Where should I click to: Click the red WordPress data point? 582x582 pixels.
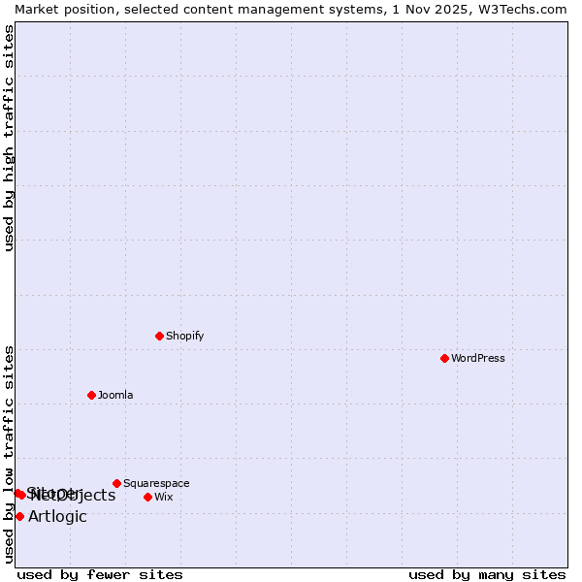(x=444, y=358)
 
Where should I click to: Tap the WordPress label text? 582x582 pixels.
(x=478, y=358)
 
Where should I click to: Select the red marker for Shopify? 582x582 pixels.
(x=159, y=336)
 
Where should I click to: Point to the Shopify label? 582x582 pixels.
(x=184, y=336)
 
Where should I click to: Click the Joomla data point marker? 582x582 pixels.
(x=91, y=395)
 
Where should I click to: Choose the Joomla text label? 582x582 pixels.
(x=115, y=395)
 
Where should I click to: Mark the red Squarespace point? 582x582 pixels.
(x=116, y=483)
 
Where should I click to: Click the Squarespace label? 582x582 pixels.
(x=156, y=483)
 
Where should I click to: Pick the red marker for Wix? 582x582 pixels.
(x=147, y=497)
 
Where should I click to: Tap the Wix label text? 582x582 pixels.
(x=163, y=497)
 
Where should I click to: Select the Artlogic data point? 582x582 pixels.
(x=19, y=516)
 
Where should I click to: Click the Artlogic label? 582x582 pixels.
(x=57, y=516)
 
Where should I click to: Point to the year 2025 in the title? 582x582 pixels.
(x=447, y=9)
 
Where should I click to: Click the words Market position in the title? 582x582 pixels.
(x=61, y=9)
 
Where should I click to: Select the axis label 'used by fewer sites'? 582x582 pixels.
(x=100, y=574)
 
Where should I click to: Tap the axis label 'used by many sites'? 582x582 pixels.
(x=487, y=574)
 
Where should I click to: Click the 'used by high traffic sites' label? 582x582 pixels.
(x=9, y=138)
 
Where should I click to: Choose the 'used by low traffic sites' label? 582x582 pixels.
(x=9, y=453)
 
